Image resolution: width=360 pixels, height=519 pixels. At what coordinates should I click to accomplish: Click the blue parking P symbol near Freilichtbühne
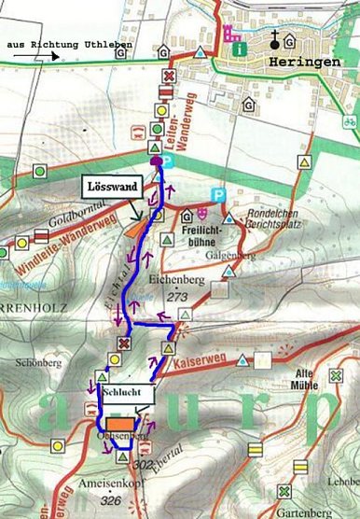tap(219, 194)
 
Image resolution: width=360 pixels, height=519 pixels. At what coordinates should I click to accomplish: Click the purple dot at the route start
tap(156, 161)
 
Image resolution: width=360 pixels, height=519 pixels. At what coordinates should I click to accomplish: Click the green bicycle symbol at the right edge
tap(349, 121)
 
